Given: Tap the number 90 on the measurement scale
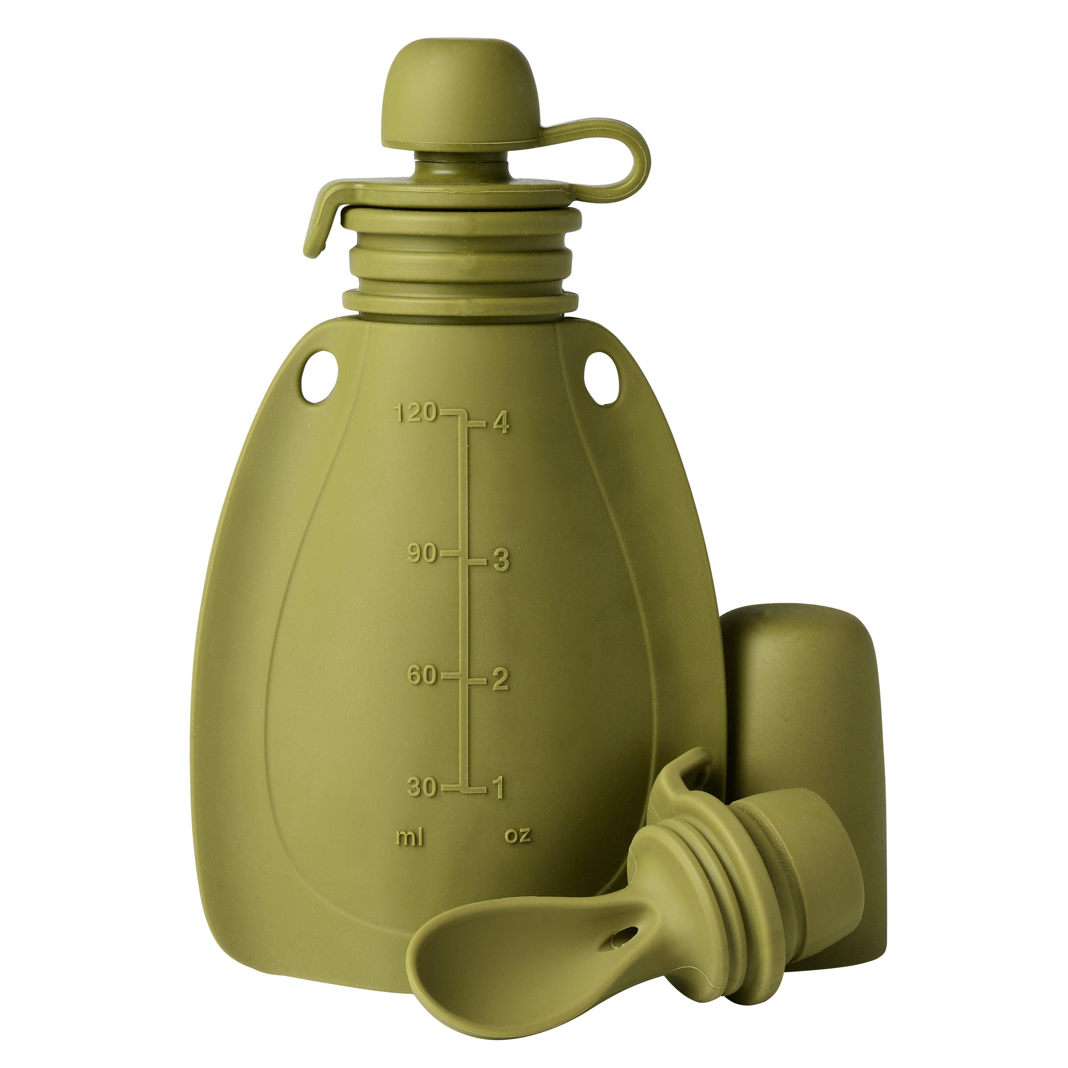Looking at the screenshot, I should tap(423, 553).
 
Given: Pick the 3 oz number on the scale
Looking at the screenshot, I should tap(500, 561).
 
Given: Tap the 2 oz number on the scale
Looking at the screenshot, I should tap(500, 681).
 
